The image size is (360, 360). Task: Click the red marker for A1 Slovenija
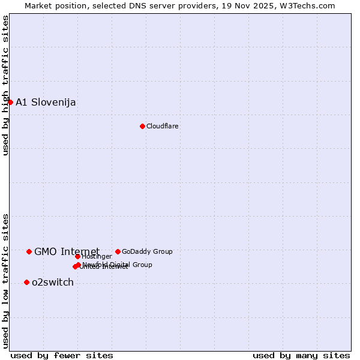point(10,102)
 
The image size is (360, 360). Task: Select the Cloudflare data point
point(142,126)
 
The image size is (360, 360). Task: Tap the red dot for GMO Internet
point(29,251)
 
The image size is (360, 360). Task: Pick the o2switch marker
point(26,282)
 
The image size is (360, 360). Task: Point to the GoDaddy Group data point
point(118,251)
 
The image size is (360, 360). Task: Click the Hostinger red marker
point(77,257)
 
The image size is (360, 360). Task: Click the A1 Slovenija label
point(46,102)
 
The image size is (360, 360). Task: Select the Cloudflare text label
point(163,126)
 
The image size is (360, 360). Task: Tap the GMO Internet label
point(67,251)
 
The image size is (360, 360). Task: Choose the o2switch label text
point(53,282)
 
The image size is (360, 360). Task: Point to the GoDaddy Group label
point(147,251)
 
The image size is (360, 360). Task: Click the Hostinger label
point(97,257)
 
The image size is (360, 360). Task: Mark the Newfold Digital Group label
point(118,264)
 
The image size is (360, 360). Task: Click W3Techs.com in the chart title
point(305,5)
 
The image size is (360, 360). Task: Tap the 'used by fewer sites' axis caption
point(62,355)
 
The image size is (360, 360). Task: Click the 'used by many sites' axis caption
point(301,355)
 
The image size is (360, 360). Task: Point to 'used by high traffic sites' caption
point(5,86)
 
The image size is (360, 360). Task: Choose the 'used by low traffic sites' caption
point(5,281)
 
